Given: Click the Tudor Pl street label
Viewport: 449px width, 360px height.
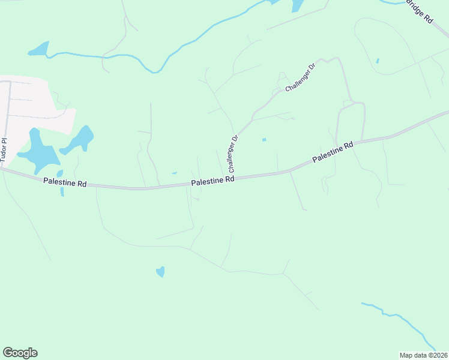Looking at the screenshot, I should coord(4,151).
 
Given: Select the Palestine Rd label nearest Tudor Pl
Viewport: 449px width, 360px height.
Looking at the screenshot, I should coord(64,182).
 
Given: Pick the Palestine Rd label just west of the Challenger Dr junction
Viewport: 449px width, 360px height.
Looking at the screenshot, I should coord(212,181).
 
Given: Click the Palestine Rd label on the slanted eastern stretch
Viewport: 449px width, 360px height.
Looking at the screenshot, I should coord(332,152).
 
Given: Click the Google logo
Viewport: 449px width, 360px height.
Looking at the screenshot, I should coord(20,353).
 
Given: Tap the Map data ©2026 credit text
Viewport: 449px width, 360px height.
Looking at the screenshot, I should coord(424,355).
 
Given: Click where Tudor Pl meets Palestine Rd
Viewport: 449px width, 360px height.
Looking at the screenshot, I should coord(2,169).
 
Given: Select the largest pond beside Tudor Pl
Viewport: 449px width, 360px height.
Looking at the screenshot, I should coord(37,150).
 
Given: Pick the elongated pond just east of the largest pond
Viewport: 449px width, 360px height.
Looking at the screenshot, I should coord(78,140).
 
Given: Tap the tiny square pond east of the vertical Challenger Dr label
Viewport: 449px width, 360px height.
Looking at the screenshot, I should coord(264,140).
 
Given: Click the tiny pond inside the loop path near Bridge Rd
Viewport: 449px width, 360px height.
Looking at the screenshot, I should coord(377,61).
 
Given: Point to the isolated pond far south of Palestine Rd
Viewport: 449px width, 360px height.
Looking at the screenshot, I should coord(160,272).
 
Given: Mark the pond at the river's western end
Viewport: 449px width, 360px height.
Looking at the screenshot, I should coord(38,49).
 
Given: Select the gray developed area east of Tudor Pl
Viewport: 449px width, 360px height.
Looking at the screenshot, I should coord(36,102).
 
